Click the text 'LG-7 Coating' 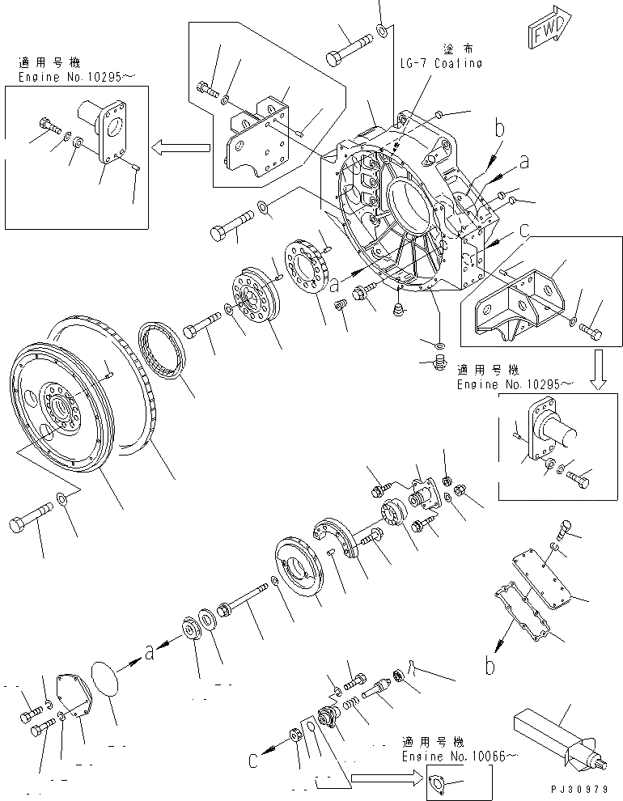coord(440,63)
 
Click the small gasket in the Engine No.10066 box coord(438,784)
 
